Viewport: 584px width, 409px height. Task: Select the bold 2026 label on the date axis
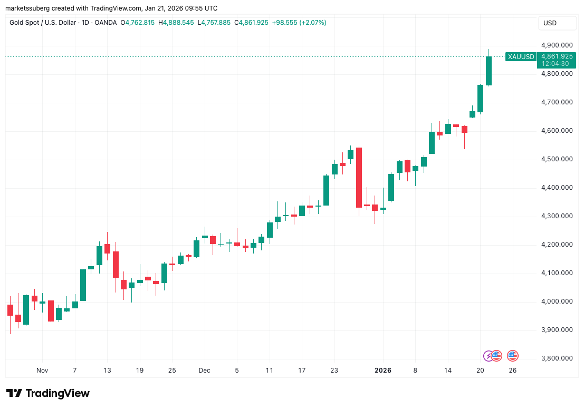tap(383, 371)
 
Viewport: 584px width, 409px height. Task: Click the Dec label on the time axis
tap(205, 371)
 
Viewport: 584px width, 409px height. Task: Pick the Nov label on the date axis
tap(42, 371)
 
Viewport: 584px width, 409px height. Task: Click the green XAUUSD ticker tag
tap(520, 56)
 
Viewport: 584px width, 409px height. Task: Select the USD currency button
tap(550, 23)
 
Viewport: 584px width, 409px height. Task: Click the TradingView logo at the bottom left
tap(48, 393)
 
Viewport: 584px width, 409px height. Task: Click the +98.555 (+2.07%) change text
tap(299, 23)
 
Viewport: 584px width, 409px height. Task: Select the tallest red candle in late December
tap(359, 177)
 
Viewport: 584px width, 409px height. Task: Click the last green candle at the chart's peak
tap(489, 71)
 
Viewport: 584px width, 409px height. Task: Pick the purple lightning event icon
tap(489, 356)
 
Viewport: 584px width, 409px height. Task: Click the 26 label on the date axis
tap(512, 371)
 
